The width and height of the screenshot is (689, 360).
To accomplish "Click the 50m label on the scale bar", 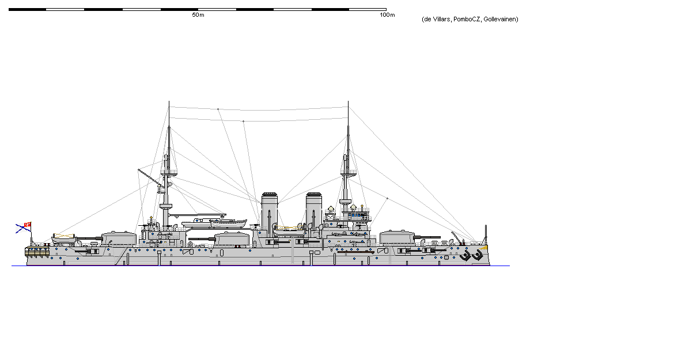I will [x=198, y=15].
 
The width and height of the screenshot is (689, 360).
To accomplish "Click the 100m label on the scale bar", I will [x=387, y=15].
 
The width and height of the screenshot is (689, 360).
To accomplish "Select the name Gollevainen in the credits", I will [x=501, y=20].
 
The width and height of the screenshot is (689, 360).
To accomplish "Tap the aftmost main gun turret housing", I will [x=119, y=238].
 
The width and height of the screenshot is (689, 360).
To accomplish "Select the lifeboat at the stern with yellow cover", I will [x=64, y=237].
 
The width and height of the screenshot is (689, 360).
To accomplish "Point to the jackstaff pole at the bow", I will [x=486, y=234].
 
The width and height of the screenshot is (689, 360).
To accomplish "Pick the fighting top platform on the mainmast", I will [x=166, y=206].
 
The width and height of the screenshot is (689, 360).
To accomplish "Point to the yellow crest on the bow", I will [x=484, y=248].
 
